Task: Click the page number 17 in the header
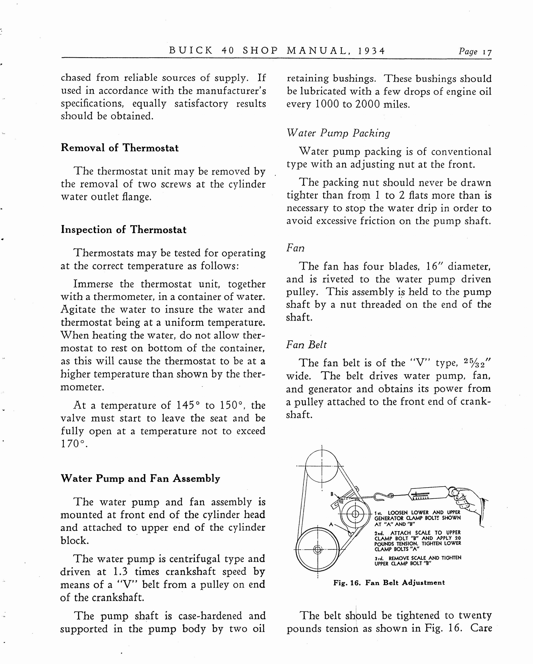point(487,52)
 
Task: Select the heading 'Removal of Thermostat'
point(120,148)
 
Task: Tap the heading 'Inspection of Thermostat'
point(124,230)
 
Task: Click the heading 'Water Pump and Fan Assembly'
point(140,478)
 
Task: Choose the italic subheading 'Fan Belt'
point(306,344)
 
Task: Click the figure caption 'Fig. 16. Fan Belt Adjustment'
point(389,582)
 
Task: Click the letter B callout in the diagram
point(332,494)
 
